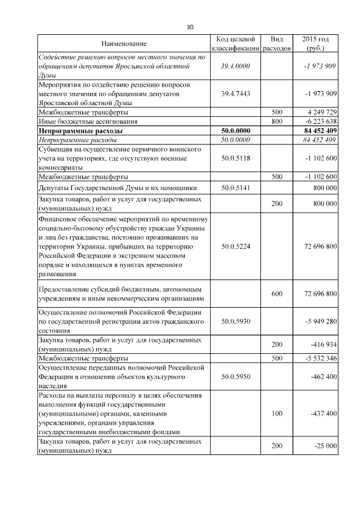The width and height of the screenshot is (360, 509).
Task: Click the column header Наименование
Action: (x=124, y=44)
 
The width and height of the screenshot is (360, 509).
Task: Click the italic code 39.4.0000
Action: (x=236, y=66)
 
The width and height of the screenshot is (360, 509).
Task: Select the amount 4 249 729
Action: (x=319, y=111)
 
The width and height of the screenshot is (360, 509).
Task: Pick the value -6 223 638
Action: (x=318, y=121)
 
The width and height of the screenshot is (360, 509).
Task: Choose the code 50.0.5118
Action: (x=236, y=159)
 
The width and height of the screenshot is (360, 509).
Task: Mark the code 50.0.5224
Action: (x=236, y=246)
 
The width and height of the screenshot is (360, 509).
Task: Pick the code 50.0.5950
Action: (x=236, y=376)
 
